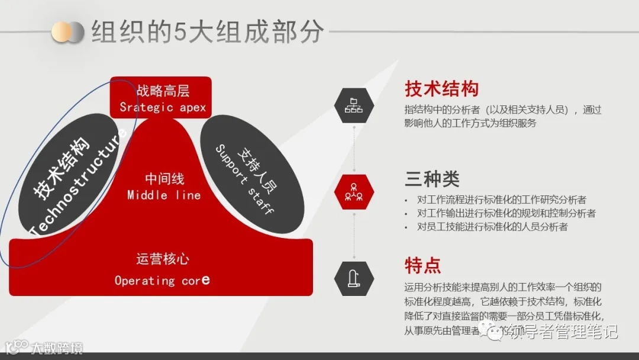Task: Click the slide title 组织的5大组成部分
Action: point(207,31)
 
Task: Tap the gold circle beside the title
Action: point(61,31)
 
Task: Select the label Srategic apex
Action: point(163,107)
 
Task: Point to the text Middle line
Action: point(164,195)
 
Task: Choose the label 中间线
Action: point(164,178)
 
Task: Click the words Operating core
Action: point(162,280)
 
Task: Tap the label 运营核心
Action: point(163,259)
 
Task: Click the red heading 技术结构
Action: point(441,89)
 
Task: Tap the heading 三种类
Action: point(432,178)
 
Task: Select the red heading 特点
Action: point(422,265)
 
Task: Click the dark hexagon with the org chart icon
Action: point(354,105)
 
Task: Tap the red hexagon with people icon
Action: point(354,192)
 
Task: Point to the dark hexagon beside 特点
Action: point(354,278)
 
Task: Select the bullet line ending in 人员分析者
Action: point(492,227)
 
